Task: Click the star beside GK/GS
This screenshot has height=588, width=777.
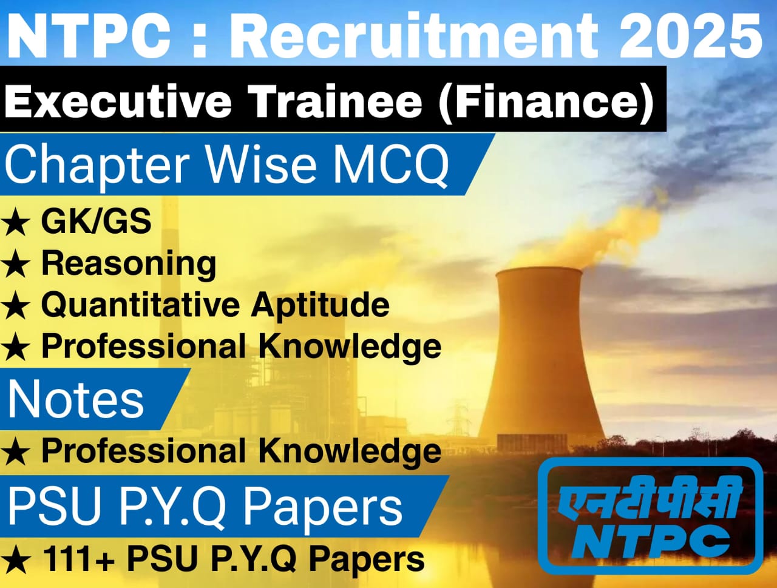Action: pos(16,223)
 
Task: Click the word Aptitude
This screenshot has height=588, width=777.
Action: pos(321,305)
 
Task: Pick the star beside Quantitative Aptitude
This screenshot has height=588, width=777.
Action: pos(16,307)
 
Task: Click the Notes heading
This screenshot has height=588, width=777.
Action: pos(76,399)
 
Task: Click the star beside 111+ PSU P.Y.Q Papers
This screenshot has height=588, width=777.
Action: pos(16,561)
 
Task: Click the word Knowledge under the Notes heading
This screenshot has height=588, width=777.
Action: pos(350,451)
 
